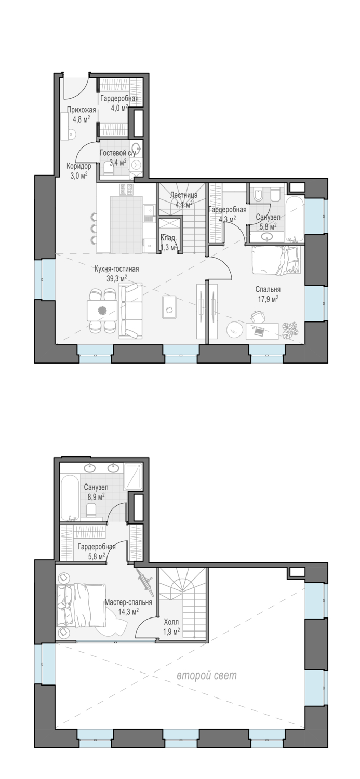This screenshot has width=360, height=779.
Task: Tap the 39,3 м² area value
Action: (117, 278)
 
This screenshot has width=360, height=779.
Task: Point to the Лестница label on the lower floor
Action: (184, 195)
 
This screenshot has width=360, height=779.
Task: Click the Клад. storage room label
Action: (169, 238)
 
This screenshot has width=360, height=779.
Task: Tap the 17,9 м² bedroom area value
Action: (268, 299)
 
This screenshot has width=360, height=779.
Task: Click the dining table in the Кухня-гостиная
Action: (102, 310)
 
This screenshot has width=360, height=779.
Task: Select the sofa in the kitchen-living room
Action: (130, 311)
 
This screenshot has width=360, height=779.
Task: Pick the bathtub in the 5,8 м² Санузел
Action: (295, 219)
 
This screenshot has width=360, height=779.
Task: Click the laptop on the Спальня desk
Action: (259, 331)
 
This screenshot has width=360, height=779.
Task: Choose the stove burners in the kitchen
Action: (127, 190)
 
